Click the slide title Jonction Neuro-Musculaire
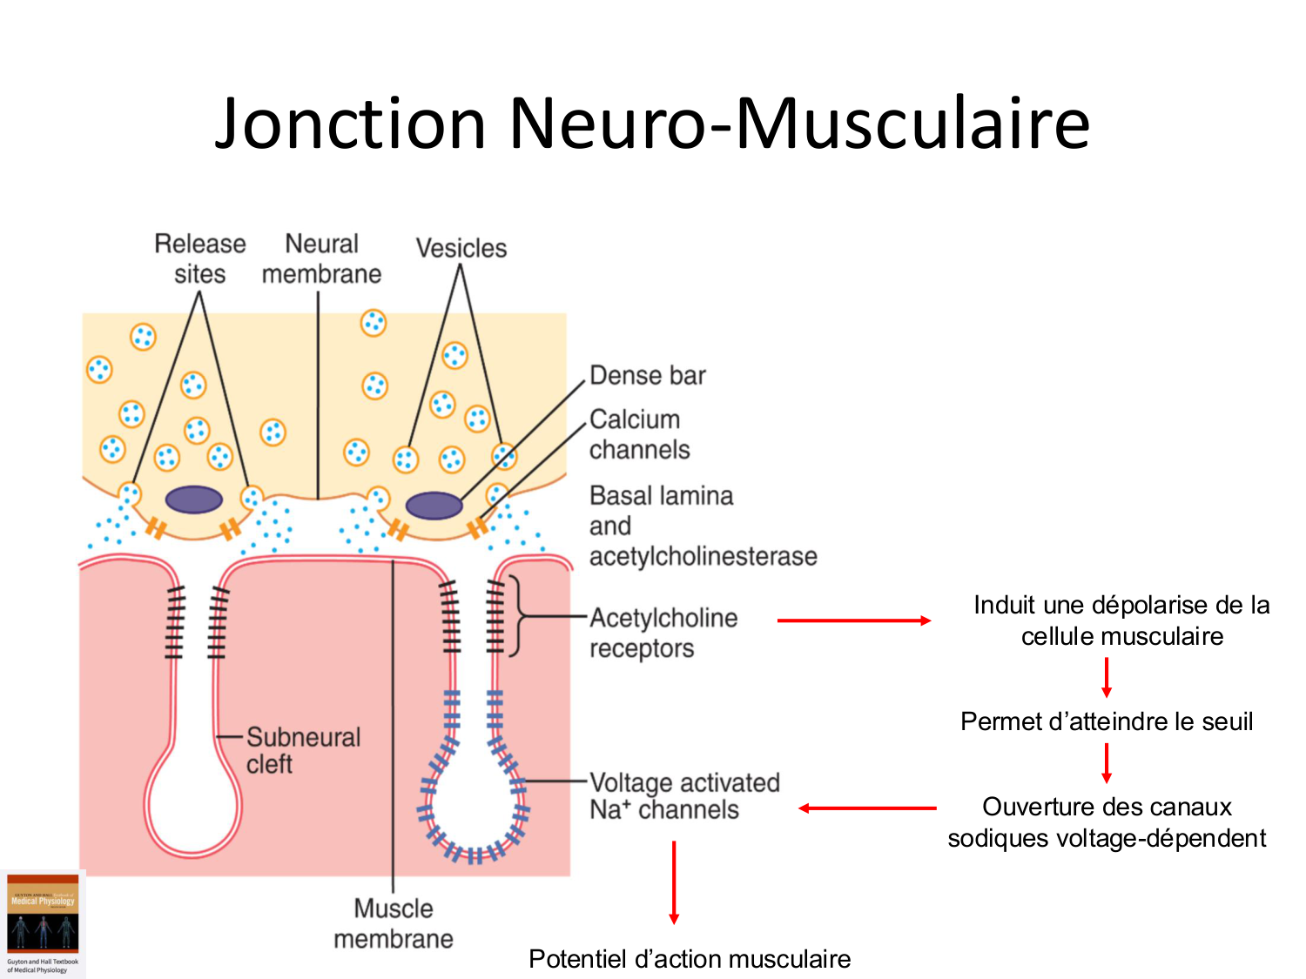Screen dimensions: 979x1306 pos(652,123)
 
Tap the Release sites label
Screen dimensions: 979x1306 pos(200,258)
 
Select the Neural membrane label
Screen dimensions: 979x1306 pos(321,258)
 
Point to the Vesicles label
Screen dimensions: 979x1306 pos(461,248)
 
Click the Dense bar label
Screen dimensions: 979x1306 pos(648,375)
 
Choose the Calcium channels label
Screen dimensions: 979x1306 pos(639,434)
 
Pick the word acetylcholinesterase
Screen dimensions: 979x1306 pos(703,556)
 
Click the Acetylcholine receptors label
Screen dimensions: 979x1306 pos(663,633)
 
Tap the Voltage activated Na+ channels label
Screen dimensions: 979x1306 pos(683,795)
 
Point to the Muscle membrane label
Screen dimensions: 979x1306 pos(394,923)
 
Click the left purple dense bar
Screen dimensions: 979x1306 pos(194,500)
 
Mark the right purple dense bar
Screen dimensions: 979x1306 pos(434,505)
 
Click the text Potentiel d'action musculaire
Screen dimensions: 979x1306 pos(690,959)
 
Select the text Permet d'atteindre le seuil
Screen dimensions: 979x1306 pos(1107,721)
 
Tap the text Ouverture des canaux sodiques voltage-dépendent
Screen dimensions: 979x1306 pos(1107,822)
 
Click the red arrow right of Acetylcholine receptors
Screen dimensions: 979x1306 pos(853,620)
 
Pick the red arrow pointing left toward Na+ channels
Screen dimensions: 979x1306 pos(867,808)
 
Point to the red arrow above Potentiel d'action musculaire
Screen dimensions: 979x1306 pos(674,882)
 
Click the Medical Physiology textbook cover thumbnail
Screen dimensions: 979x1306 pos(43,923)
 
